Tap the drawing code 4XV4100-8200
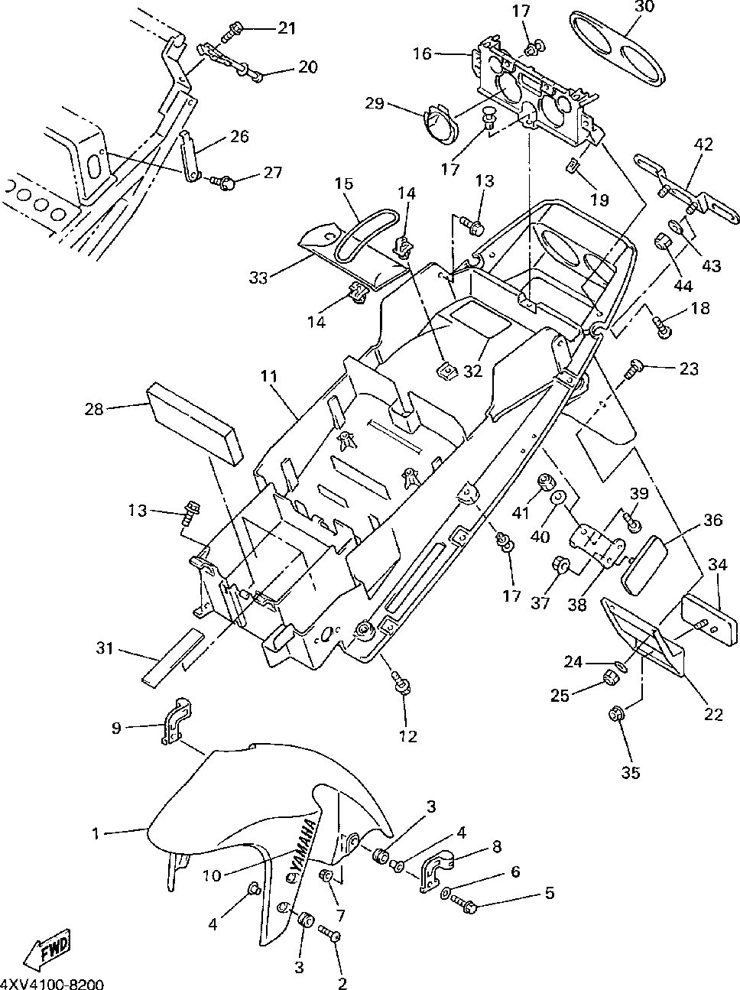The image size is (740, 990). coord(52,983)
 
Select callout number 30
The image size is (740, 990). coord(644,8)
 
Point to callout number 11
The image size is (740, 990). coord(269,376)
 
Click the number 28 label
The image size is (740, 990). coord(94,409)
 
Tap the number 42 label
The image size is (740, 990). coord(704,144)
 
